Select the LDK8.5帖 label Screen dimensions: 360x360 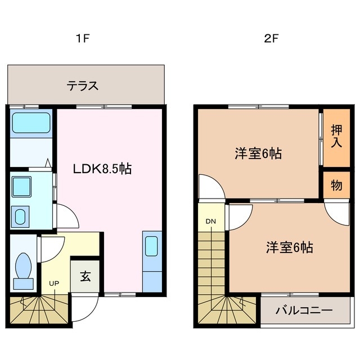(101, 168)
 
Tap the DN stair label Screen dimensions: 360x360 (210, 221)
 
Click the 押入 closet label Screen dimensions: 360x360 (336, 135)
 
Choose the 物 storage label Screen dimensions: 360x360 (336, 186)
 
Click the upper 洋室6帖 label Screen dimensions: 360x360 (258, 153)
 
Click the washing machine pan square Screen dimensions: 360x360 (23, 185)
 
